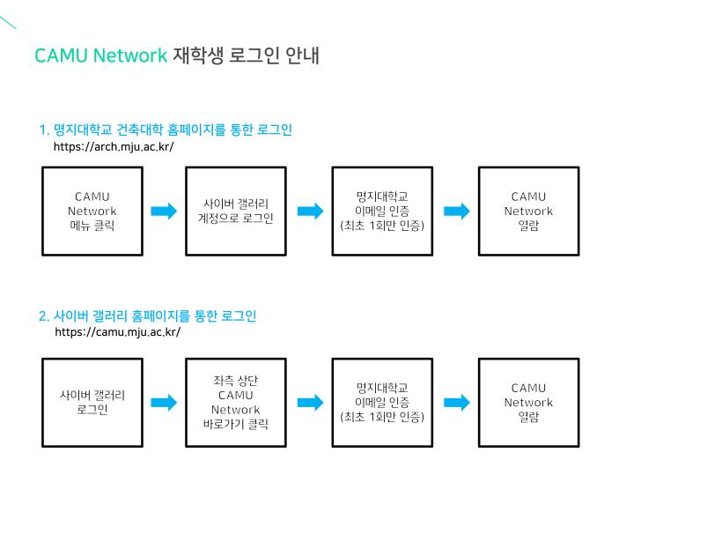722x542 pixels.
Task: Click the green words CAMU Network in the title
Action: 101,56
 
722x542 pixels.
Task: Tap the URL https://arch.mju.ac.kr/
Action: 114,147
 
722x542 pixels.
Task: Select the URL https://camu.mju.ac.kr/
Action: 117,332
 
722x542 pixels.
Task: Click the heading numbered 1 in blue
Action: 166,130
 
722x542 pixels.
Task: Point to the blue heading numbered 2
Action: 147,316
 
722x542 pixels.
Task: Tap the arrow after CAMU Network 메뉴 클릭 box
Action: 164,212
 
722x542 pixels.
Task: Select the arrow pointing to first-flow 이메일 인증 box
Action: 310,212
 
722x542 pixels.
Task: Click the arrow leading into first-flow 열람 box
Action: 457,212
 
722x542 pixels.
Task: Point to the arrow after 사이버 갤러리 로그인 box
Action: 164,403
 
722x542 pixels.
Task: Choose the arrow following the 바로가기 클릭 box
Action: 310,403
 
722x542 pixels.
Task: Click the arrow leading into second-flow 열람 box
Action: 457,403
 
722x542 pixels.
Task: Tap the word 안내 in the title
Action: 302,56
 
